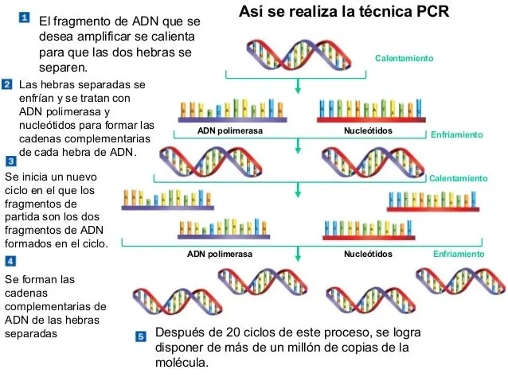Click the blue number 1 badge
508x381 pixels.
25,17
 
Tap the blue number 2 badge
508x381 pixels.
7,84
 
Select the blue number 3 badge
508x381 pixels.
11,161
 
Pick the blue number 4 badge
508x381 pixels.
10,261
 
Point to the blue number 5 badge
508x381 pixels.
141,336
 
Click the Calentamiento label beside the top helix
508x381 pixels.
404,58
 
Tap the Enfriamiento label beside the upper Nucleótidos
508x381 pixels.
456,134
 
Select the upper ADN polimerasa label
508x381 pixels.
230,130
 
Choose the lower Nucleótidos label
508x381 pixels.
368,254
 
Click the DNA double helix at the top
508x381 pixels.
299,55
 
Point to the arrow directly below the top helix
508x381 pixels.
298,86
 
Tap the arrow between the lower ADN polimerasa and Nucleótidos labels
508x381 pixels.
298,254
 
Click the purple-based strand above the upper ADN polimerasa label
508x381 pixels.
233,111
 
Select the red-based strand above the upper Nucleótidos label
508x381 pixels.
371,111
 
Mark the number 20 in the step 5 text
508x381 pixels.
233,332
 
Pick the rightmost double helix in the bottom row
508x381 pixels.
461,281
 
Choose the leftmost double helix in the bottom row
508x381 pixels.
178,301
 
